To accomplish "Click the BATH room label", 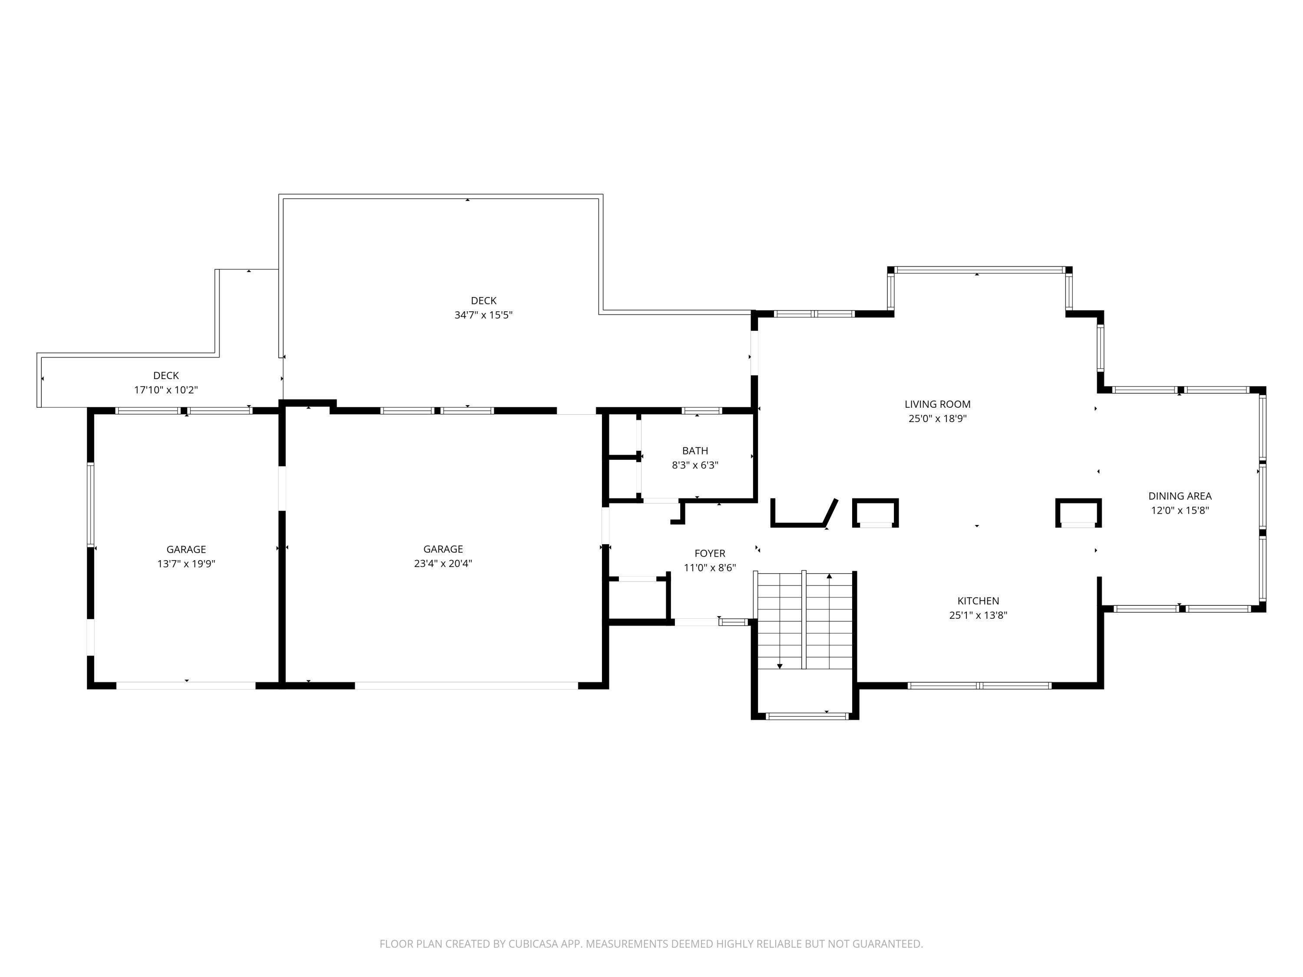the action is (695, 451).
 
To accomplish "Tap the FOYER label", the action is (710, 554).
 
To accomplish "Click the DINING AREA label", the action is (1180, 496).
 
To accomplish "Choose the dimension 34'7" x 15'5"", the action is (483, 315).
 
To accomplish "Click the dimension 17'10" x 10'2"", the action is (166, 390).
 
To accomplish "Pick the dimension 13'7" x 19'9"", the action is (186, 564).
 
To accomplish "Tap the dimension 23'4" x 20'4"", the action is (443, 564).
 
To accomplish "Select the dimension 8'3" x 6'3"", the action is (695, 465).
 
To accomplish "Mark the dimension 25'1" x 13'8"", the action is (979, 615).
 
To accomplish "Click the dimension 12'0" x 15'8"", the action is (1180, 511).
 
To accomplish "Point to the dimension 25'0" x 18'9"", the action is (938, 419).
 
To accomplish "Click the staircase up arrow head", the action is (830, 576).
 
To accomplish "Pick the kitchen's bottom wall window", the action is (979, 686).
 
